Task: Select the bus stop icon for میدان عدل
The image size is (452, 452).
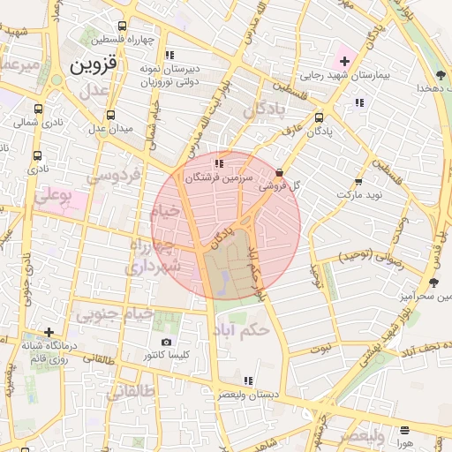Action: (x=110, y=115)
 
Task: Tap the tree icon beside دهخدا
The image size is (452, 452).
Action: (x=440, y=75)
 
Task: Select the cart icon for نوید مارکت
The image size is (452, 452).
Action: (x=358, y=180)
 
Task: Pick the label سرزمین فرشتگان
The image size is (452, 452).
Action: (x=217, y=177)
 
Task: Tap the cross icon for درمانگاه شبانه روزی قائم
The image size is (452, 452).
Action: (x=49, y=332)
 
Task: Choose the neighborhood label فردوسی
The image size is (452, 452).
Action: (x=115, y=177)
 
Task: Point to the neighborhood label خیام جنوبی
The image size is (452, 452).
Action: (x=115, y=313)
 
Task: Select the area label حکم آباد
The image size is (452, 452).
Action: (x=239, y=330)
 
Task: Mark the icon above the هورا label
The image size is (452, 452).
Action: (x=404, y=431)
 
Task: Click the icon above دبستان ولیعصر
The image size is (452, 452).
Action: (x=248, y=380)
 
